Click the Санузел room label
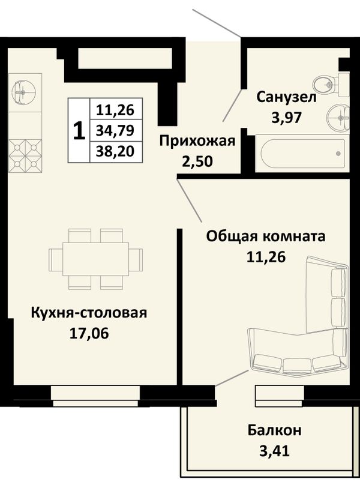point(286,97)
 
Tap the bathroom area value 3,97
point(286,117)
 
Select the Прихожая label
point(197,141)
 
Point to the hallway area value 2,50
point(197,161)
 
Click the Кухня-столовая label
point(89,313)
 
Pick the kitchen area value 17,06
point(89,333)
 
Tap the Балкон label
point(274,430)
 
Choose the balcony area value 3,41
point(274,451)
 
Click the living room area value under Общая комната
point(266,257)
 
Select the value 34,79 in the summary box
point(115,130)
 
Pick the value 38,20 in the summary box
point(115,151)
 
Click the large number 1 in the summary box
point(79,130)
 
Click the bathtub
point(303,154)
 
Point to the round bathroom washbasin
point(338,118)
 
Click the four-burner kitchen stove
point(25,155)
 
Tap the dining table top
point(95,259)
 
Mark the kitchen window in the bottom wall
point(95,396)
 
